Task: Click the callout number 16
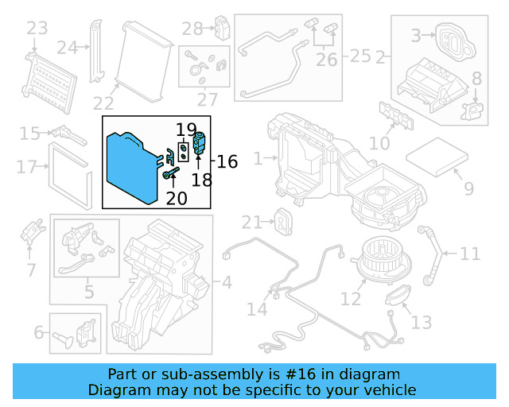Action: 227,162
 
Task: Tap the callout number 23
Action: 37,29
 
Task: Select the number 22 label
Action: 103,103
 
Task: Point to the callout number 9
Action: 468,189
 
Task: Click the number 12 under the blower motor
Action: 351,299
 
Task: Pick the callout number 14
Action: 257,308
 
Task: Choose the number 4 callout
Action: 227,281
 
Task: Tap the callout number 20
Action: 177,196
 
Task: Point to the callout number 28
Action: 192,29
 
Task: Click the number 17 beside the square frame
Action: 27,167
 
